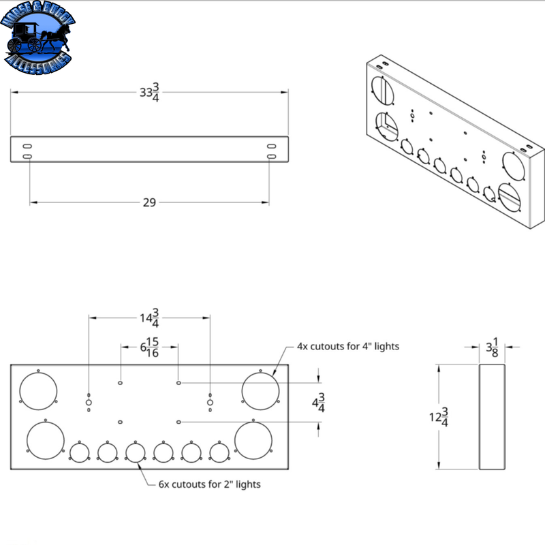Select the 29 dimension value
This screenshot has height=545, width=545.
pos(149,202)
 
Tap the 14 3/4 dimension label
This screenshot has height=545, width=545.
pos(149,317)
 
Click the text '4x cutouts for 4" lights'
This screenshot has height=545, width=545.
pos(347,346)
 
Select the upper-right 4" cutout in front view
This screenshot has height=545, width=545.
pos(261,392)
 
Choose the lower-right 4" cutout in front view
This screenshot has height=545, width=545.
pos(253,441)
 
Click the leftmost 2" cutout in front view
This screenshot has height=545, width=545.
pos(80,452)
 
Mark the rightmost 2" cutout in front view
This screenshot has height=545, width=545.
pos(219,452)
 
